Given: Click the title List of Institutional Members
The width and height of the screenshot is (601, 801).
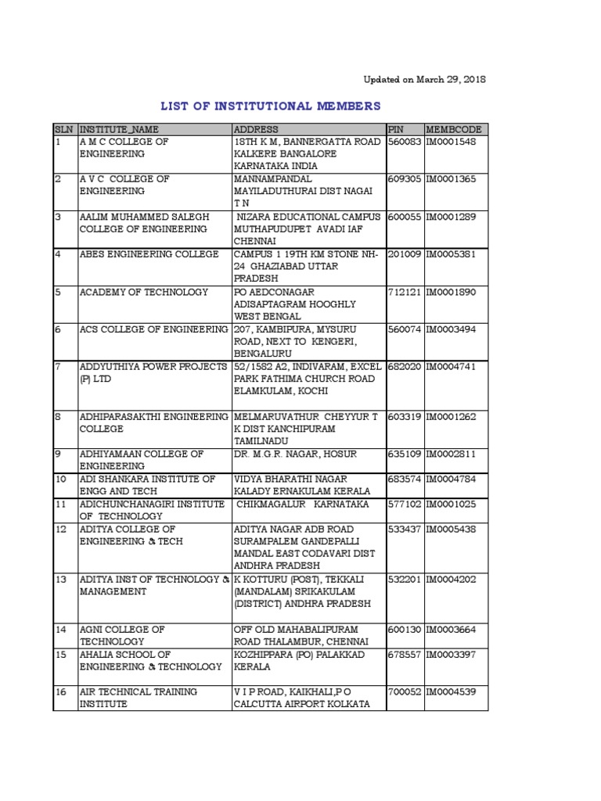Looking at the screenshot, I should [x=271, y=106].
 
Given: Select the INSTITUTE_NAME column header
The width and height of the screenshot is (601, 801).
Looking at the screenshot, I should [x=119, y=129].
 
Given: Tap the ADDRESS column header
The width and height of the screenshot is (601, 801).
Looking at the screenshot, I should [x=256, y=129].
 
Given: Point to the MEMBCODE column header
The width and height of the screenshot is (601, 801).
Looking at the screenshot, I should [x=454, y=129].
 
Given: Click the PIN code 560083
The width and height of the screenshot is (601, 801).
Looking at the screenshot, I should [x=405, y=142].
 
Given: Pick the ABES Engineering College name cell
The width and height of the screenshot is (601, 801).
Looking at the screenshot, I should [x=149, y=254].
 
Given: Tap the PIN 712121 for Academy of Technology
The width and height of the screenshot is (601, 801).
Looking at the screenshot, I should [x=405, y=292].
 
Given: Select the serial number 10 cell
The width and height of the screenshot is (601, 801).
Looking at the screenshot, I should [x=60, y=479].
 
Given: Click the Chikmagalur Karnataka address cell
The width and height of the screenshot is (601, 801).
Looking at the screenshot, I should [x=303, y=504].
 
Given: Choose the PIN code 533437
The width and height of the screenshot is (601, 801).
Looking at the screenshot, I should [x=405, y=530].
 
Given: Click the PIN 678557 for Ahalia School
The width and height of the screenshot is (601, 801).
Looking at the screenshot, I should [x=405, y=655].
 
